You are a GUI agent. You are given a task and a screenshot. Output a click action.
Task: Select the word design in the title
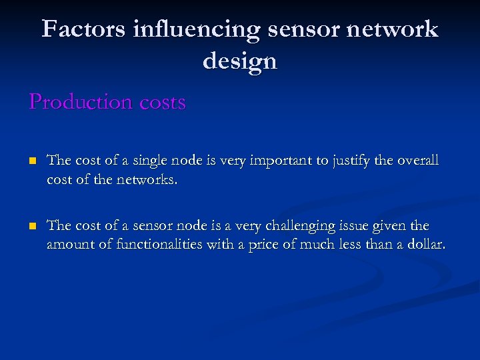pos(239,61)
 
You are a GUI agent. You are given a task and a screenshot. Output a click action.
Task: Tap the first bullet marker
pos(32,161)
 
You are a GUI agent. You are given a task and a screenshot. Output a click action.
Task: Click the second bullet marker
pos(32,227)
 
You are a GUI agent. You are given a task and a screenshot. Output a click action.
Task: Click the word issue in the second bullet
pos(365,226)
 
